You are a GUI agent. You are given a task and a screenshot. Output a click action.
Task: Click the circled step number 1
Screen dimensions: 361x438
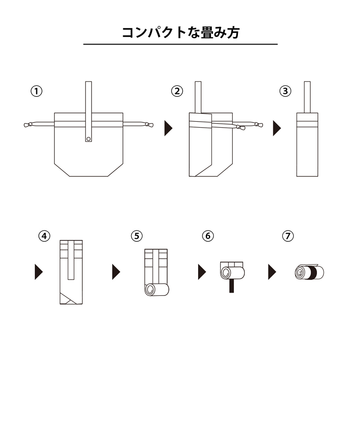coord(36,91)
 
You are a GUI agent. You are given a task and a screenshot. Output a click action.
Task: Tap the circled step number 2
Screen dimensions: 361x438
coord(177,91)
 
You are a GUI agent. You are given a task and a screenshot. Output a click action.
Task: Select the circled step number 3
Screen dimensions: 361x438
coord(285,91)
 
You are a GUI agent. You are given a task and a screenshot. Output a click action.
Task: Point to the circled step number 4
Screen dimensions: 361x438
coord(44,236)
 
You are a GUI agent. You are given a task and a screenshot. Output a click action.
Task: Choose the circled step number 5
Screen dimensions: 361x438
coord(137,236)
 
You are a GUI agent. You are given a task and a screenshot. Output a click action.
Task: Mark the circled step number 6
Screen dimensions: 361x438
coord(208,236)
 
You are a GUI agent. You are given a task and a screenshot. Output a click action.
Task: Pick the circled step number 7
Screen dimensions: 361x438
coord(288,236)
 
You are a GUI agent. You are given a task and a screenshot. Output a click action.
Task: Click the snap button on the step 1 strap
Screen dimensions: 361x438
coord(88,139)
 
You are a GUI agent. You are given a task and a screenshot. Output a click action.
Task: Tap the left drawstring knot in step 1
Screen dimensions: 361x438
coord(28,125)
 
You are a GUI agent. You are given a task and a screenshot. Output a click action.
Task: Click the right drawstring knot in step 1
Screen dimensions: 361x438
coord(149,125)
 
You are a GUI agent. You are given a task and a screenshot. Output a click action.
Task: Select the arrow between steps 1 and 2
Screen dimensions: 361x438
coord(168,128)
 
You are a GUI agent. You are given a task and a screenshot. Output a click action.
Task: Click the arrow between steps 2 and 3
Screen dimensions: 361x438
coord(277,128)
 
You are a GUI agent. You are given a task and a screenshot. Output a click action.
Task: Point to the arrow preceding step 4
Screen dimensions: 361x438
coord(39,272)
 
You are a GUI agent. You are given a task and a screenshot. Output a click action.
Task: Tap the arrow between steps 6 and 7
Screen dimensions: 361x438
coord(272,272)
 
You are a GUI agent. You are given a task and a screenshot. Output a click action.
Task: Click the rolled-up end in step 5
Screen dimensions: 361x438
coord(157,290)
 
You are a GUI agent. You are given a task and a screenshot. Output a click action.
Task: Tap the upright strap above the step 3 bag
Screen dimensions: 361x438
coord(307,97)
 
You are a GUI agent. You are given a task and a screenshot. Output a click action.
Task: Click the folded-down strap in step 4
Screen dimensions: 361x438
coord(71,260)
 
